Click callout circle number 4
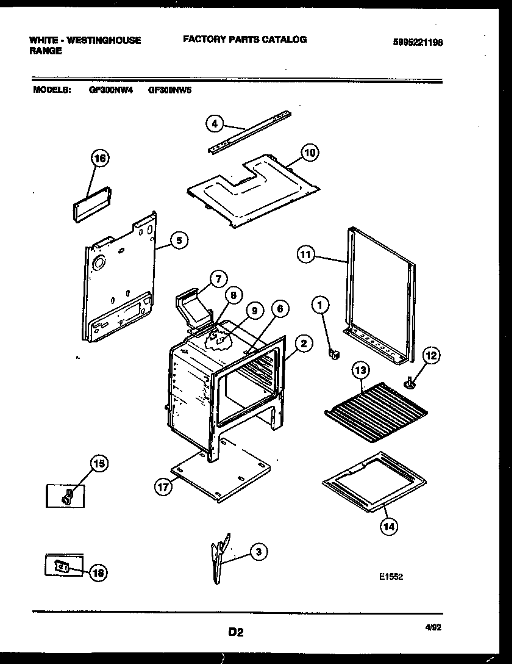tap(213, 124)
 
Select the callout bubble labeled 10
tap(309, 153)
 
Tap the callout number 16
tap(100, 159)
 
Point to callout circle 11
tap(306, 254)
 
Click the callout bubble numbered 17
tap(163, 488)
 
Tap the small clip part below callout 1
tap(334, 353)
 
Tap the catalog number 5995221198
tap(418, 43)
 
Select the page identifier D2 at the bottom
tap(236, 633)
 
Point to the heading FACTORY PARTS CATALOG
tap(244, 39)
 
